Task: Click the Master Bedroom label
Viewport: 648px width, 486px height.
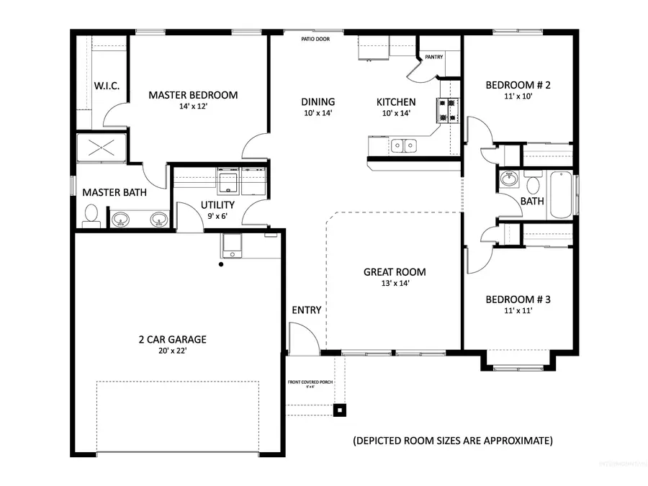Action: (x=193, y=95)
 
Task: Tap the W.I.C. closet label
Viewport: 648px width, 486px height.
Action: (x=107, y=86)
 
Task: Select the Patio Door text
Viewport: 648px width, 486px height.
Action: (x=316, y=39)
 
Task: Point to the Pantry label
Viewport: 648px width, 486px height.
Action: (x=434, y=57)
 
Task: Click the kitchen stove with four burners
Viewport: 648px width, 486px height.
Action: (x=446, y=111)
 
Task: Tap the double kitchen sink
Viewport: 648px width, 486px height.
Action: (x=404, y=146)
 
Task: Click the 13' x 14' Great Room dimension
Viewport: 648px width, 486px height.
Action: (x=394, y=284)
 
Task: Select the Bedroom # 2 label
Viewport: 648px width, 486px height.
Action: (x=518, y=85)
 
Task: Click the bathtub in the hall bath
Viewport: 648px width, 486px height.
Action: (x=561, y=194)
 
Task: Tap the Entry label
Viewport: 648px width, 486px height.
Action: (x=306, y=310)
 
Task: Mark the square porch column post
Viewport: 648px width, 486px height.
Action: (x=338, y=410)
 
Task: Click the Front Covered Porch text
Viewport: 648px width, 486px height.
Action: (x=310, y=382)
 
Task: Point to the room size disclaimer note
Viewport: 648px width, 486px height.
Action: (x=452, y=439)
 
